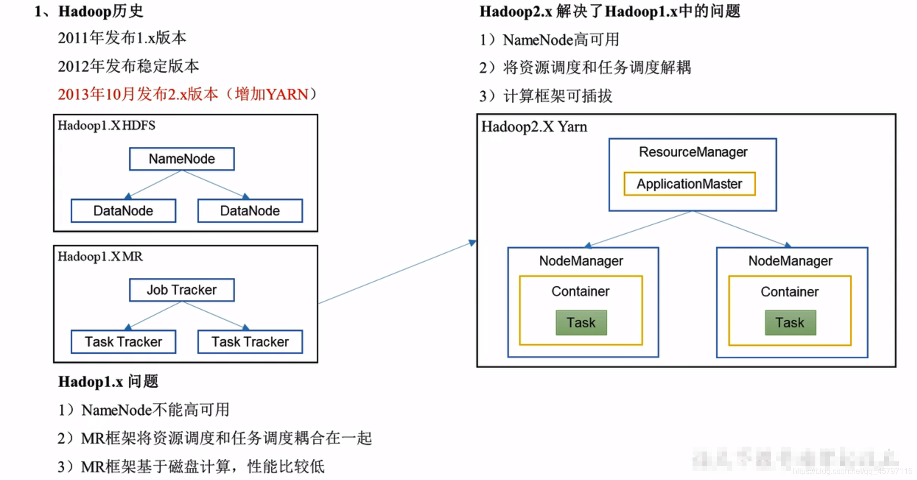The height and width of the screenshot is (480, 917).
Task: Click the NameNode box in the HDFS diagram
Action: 182,159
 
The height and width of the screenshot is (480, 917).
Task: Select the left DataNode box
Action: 123,211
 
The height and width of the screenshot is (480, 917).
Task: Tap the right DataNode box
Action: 250,211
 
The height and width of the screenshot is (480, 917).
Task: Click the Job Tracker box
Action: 182,290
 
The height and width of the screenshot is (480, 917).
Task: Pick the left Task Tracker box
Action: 123,342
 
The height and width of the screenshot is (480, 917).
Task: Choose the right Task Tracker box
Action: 250,342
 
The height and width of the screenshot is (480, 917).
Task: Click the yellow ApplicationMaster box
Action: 689,184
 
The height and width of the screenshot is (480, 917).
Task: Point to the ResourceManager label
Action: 693,152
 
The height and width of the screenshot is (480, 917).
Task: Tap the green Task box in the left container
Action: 581,322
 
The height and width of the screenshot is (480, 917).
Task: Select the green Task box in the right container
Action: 790,322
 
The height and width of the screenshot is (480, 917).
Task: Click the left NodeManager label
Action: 581,261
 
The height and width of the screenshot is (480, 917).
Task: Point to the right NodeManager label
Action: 790,261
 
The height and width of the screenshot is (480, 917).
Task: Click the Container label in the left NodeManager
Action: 580,292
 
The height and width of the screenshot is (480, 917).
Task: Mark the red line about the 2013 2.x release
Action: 187,94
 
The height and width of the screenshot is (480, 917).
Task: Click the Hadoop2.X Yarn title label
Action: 534,127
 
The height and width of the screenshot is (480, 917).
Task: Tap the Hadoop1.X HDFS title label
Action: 106,126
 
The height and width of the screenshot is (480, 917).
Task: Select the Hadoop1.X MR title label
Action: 100,257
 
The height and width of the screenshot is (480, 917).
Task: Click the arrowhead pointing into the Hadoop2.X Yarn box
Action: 472,242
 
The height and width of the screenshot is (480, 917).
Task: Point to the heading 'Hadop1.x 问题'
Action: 108,382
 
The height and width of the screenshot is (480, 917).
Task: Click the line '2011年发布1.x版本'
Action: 122,38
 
